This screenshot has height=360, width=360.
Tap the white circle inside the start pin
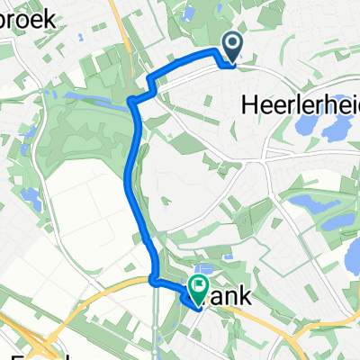[x=232, y=41]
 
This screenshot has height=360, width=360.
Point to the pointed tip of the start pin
[x=232, y=63]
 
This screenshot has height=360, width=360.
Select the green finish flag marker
[x=197, y=288]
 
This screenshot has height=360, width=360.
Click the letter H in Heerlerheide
[x=249, y=105]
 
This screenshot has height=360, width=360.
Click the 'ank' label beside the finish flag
[x=230, y=296]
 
